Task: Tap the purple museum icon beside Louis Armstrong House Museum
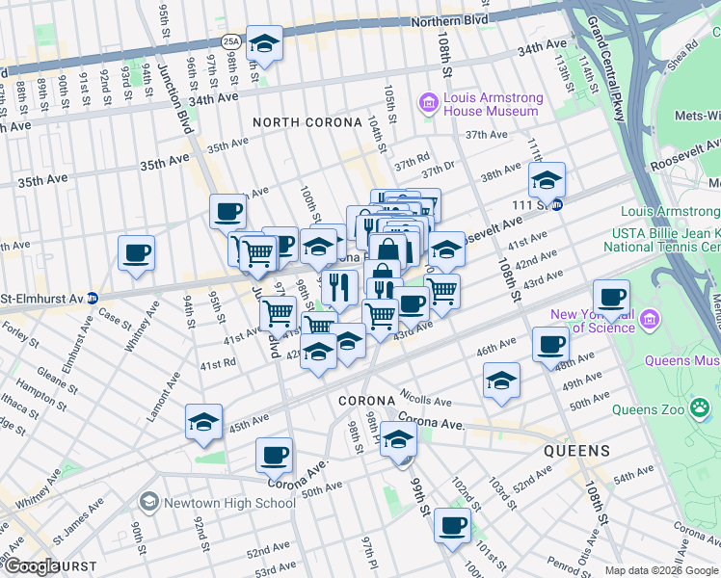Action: point(428,102)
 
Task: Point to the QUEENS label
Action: point(575,451)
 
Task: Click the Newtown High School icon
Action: point(148,502)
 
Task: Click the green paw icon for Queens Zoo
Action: point(699,408)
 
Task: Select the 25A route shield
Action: point(229,41)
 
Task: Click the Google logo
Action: point(31,566)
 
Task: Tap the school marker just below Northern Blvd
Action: point(264,44)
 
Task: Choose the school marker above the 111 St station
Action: point(547,180)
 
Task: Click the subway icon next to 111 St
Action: point(570,204)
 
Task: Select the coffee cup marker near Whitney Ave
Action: point(136,253)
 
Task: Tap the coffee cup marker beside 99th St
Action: point(451,526)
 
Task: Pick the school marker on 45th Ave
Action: point(203,423)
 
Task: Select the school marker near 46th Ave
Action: point(501,381)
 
